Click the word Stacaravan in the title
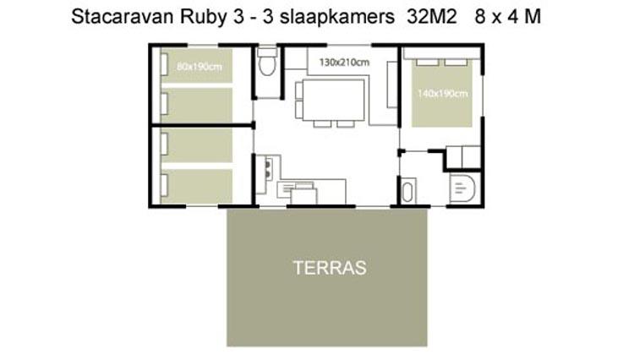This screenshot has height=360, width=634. [x=123, y=17]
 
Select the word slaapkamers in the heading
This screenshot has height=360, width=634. [x=337, y=18]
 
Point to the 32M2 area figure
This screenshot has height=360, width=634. [x=431, y=17]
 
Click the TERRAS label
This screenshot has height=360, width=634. [x=330, y=268]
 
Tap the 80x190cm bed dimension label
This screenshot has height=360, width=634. [x=199, y=67]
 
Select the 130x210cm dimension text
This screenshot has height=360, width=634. [x=344, y=63]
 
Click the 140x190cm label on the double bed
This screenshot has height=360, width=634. [x=442, y=93]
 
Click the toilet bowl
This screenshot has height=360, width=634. [x=267, y=65]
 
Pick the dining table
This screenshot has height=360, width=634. [x=334, y=100]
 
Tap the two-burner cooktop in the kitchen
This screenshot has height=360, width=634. [x=268, y=170]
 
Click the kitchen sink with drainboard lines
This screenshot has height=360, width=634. [x=295, y=188]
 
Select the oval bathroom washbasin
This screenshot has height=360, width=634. [x=407, y=192]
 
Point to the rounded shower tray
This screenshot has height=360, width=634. [x=462, y=188]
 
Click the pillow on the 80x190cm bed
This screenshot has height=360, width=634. [x=164, y=64]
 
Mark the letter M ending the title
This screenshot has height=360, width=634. [x=533, y=17]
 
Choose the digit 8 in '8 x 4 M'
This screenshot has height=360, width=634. [x=480, y=17]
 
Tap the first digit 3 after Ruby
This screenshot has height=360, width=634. [x=238, y=17]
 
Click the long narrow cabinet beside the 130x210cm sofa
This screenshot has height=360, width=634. [x=392, y=85]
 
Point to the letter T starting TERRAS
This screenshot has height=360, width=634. [x=298, y=268]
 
